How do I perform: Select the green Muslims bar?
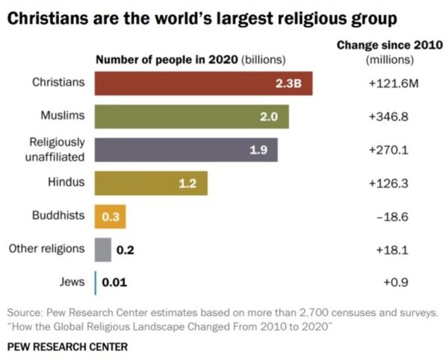tap(191, 117)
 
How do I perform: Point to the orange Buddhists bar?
tap(109, 217)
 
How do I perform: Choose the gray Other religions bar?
tap(103, 249)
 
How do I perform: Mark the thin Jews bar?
tap(96, 282)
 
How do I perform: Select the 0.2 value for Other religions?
tap(125, 250)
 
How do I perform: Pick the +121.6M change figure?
tap(389, 84)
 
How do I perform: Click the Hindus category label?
tap(66, 181)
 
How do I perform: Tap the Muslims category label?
tap(63, 116)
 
